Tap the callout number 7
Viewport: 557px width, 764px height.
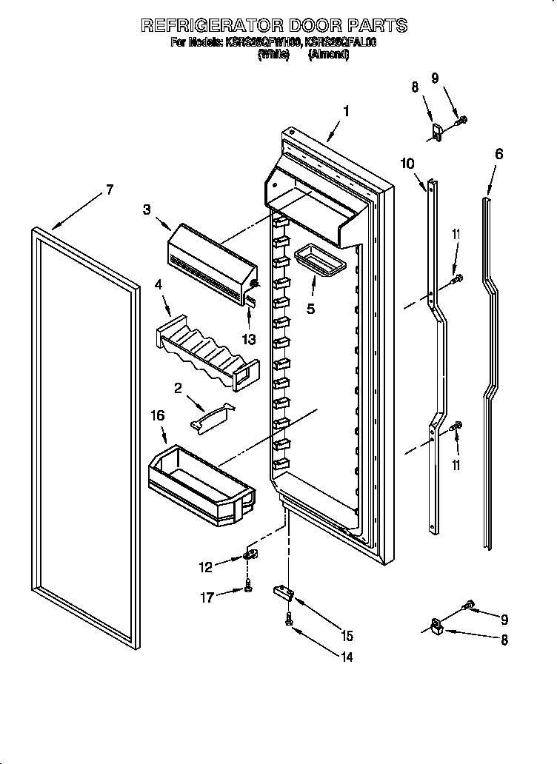pos(109,190)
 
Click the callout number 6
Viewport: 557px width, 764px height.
pos(498,154)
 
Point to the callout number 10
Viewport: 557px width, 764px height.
pos(408,164)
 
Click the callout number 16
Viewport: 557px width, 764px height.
pos(157,417)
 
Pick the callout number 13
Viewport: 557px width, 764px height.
pos(250,340)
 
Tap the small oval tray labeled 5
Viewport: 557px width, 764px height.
pos(315,261)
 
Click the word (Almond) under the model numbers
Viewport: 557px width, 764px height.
pos(329,54)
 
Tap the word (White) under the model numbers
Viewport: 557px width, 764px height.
pos(273,54)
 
